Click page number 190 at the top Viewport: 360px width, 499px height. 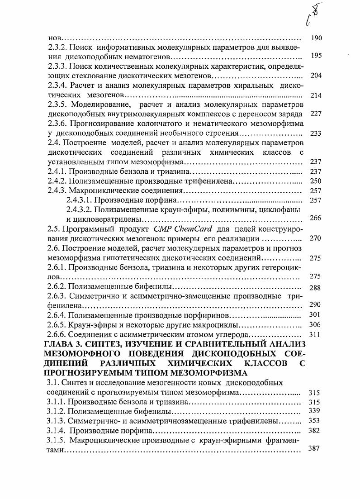(316, 38)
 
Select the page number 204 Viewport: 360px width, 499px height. (316, 75)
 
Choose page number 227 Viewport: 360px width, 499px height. (316, 114)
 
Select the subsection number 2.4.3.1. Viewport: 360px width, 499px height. (79, 200)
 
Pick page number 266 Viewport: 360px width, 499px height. (316, 218)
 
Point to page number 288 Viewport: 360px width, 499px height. (316, 287)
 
